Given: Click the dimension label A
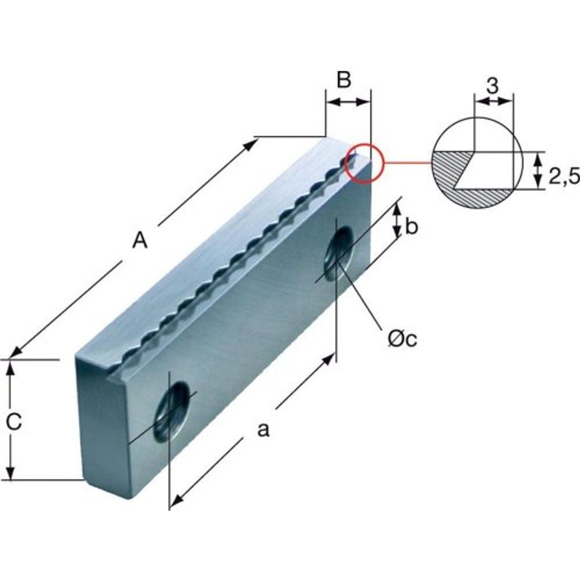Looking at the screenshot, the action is tap(140, 240).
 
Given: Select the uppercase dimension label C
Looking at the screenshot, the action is tap(14, 421).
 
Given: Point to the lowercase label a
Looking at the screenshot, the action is tap(263, 430).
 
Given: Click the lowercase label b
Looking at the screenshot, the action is tap(411, 226).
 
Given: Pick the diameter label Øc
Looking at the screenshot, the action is tap(403, 339).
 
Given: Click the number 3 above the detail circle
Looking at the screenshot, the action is tap(492, 86).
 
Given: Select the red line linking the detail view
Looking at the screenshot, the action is tap(408, 163).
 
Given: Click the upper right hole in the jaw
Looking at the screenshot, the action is tap(339, 254).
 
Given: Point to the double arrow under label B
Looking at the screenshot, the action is tap(348, 102).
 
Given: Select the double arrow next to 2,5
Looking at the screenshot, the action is tap(539, 170).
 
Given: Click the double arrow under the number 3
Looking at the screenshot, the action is tap(493, 100).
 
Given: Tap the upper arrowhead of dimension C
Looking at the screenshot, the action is tap(11, 366).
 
